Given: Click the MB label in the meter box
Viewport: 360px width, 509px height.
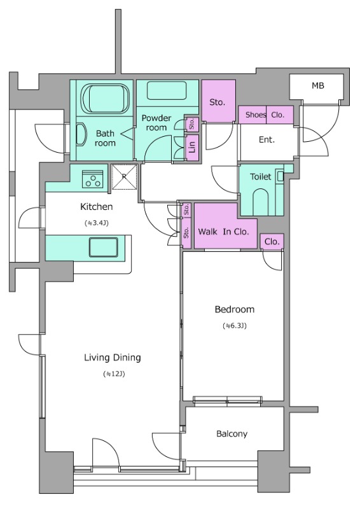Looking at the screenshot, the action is pyautogui.click(x=318, y=86).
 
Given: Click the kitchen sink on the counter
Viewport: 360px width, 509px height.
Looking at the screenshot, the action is pyautogui.click(x=104, y=247).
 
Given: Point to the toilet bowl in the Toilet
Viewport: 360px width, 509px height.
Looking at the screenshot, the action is pyautogui.click(x=261, y=202).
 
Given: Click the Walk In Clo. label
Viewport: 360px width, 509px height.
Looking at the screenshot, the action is pyautogui.click(x=223, y=232).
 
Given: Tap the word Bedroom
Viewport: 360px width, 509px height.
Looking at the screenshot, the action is pyautogui.click(x=234, y=309).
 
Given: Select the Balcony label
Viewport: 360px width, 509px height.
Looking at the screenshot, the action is pyautogui.click(x=232, y=434).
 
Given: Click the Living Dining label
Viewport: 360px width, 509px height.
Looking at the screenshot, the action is pyautogui.click(x=113, y=358).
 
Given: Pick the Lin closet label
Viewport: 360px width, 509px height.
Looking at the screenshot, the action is pyautogui.click(x=192, y=148).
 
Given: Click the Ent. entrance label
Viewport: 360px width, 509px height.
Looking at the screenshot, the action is pyautogui.click(x=267, y=140).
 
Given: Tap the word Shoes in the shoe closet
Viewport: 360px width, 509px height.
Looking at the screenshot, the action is pyautogui.click(x=256, y=115).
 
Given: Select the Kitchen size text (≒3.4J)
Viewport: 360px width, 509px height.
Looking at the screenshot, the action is pyautogui.click(x=97, y=223).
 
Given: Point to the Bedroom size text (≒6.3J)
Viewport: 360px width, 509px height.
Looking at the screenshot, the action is pyautogui.click(x=234, y=326).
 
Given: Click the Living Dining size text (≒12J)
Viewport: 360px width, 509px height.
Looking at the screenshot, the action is pyautogui.click(x=114, y=374).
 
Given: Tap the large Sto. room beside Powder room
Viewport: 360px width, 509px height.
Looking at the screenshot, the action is pyautogui.click(x=218, y=101).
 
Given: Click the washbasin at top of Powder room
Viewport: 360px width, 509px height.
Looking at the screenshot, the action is pyautogui.click(x=167, y=90).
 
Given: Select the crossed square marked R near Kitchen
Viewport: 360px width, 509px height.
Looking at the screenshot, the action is pyautogui.click(x=124, y=177).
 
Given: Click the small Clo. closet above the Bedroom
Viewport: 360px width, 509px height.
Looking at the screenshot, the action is pyautogui.click(x=272, y=242).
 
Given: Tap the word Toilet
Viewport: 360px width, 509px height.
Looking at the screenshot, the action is pyautogui.click(x=260, y=177).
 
